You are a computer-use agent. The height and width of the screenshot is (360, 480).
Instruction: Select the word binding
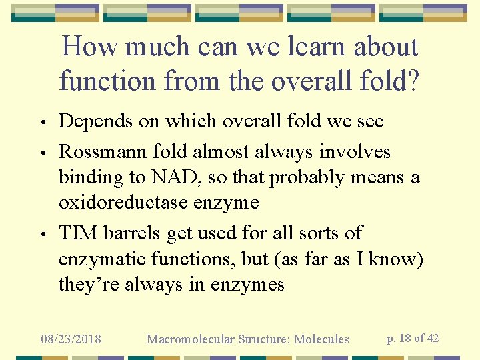pos(89,178)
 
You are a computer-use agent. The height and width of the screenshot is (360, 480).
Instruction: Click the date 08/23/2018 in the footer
pos(71,339)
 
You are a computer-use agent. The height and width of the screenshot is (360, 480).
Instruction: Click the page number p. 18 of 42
pos(413,338)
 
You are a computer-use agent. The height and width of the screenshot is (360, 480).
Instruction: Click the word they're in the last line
pos(86,285)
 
